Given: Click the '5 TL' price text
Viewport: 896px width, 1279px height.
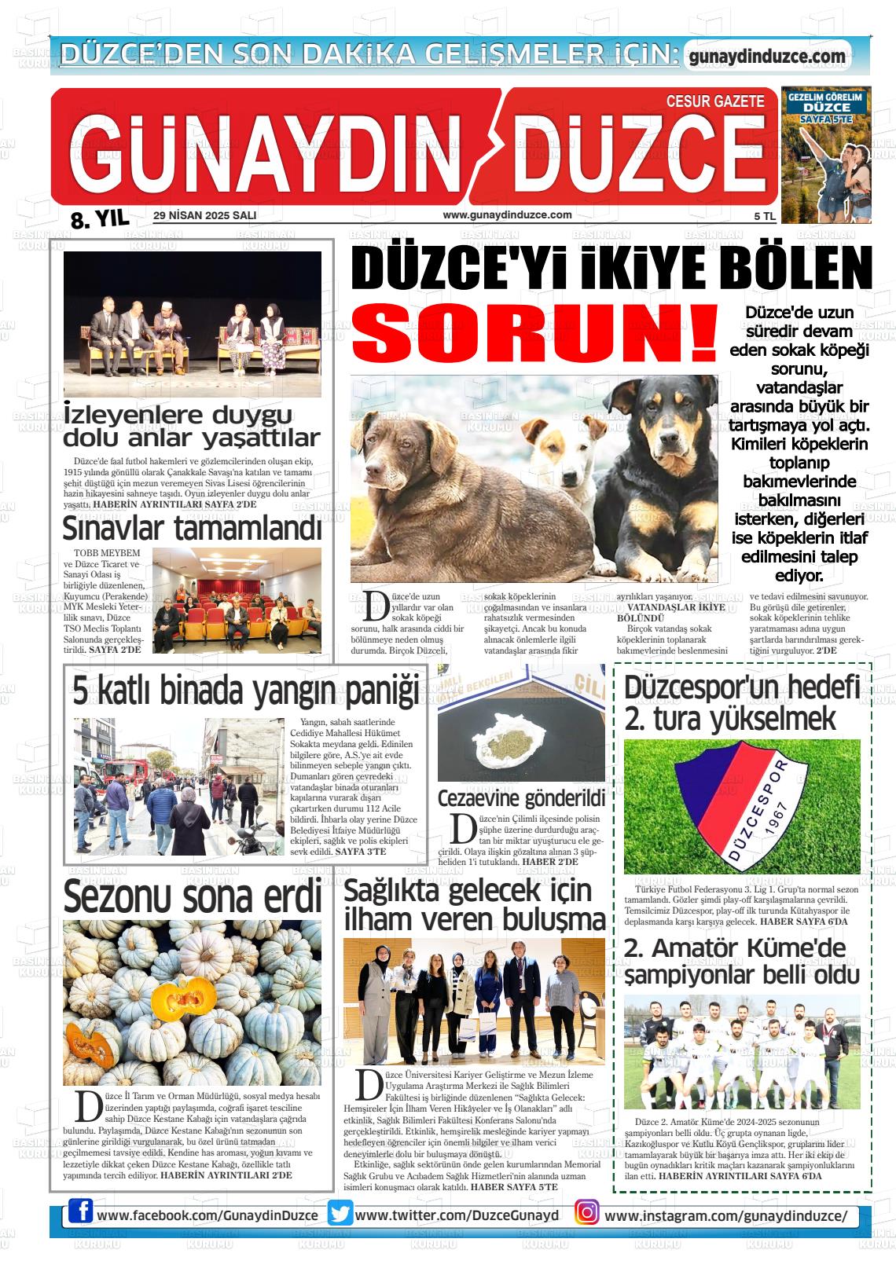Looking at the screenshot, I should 765,215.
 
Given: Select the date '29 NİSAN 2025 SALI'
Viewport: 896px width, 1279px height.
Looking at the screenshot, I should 205,215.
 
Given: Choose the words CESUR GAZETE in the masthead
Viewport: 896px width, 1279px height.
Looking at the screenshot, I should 714,101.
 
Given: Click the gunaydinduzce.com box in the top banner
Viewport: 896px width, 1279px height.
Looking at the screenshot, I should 767,57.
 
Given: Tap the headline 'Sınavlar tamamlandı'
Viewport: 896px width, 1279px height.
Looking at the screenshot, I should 192,529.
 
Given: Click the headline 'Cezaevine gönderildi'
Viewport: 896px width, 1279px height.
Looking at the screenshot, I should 521,798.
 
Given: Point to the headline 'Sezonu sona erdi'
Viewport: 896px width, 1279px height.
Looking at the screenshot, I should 193,896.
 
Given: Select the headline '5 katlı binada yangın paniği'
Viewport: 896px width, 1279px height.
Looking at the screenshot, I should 246,691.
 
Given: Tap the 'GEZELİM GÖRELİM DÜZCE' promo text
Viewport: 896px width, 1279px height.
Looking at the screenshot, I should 825,105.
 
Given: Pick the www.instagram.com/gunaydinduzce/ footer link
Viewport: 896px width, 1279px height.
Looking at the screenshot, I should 726,1215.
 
